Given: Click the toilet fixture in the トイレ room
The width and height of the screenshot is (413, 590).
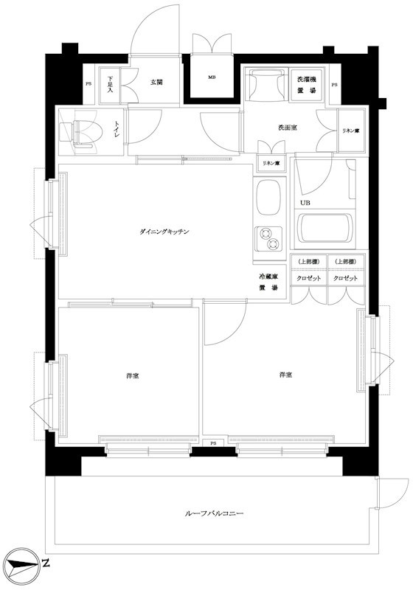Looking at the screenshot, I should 82,133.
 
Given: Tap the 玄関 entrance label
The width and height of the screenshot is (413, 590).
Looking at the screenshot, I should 157,82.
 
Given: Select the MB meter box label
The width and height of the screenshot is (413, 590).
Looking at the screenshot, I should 212,77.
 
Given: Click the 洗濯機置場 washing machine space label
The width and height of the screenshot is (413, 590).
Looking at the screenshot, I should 308,84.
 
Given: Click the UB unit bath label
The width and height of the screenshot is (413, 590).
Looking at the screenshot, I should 305,203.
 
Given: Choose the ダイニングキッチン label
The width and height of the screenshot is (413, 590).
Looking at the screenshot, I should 164,232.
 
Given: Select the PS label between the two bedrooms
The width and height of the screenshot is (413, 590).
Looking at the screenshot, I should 213,443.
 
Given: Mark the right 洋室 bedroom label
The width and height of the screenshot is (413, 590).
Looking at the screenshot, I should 285,376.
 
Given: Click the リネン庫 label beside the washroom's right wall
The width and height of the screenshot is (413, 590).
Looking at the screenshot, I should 350,131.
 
